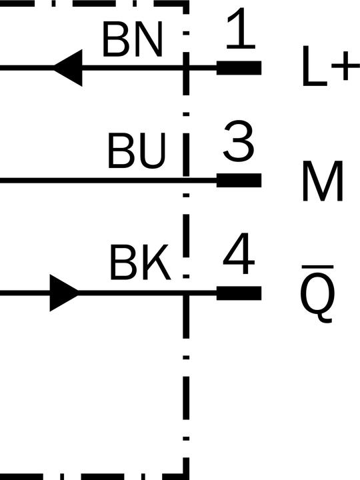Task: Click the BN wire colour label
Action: point(132,40)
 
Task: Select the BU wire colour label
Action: point(137,151)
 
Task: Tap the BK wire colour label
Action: point(140,262)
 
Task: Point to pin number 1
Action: point(241,29)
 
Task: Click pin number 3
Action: point(239,141)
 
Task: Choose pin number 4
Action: point(239,253)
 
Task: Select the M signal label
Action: point(323,181)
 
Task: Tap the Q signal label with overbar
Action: point(317,294)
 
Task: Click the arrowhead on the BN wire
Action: point(68,67)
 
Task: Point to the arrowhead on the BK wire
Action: point(64,293)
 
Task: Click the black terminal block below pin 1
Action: point(239,67)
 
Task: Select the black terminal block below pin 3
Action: point(239,180)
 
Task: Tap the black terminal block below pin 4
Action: point(239,293)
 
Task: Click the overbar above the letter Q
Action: point(317,267)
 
